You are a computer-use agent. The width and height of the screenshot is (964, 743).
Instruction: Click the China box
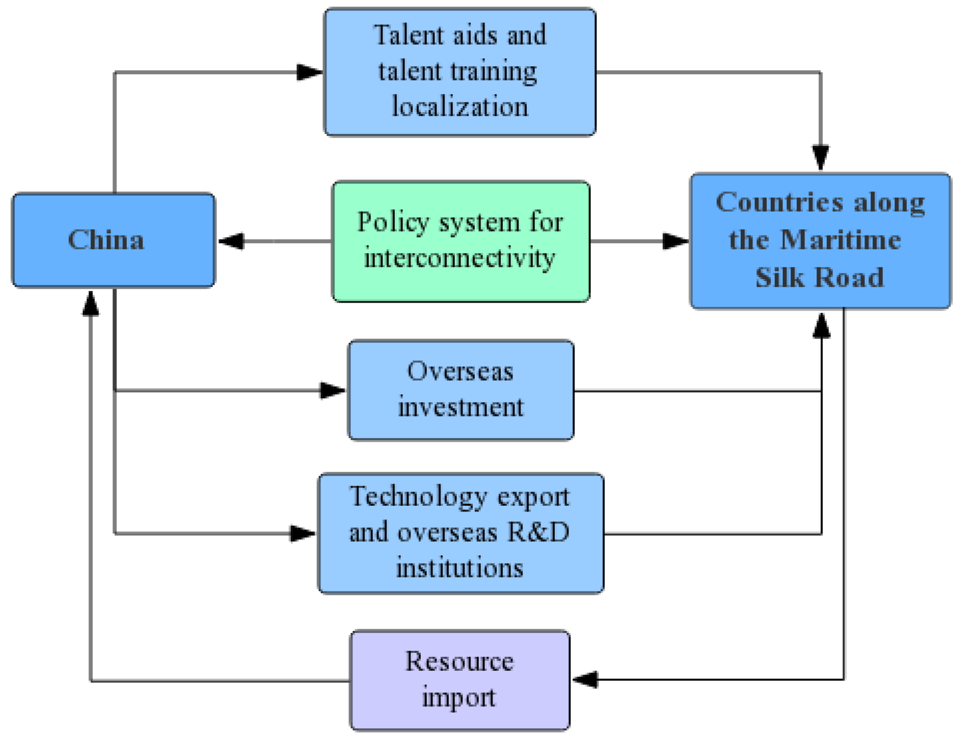(113, 240)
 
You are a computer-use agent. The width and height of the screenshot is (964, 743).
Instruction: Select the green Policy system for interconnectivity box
(460, 241)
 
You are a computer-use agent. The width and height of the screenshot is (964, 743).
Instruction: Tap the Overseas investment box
(460, 390)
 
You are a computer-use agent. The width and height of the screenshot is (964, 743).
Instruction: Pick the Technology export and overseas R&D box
(460, 533)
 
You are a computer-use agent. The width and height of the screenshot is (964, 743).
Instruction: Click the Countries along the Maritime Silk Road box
(820, 240)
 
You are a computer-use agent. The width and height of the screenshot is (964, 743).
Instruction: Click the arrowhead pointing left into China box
(231, 241)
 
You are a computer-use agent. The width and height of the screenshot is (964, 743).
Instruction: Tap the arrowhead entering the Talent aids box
(309, 72)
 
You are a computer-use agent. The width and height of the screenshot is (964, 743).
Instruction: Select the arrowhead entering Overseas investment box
(332, 390)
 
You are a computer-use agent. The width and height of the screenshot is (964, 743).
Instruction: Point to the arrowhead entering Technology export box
(302, 533)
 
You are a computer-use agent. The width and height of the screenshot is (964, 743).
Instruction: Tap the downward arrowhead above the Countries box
(820, 157)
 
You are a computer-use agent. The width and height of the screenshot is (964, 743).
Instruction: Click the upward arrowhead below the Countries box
(821, 326)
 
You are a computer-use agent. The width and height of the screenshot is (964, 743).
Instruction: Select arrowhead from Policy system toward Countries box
(675, 241)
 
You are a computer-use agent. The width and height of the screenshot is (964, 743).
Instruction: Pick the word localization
(460, 106)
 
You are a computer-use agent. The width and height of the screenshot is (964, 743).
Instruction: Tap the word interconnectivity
(459, 258)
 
